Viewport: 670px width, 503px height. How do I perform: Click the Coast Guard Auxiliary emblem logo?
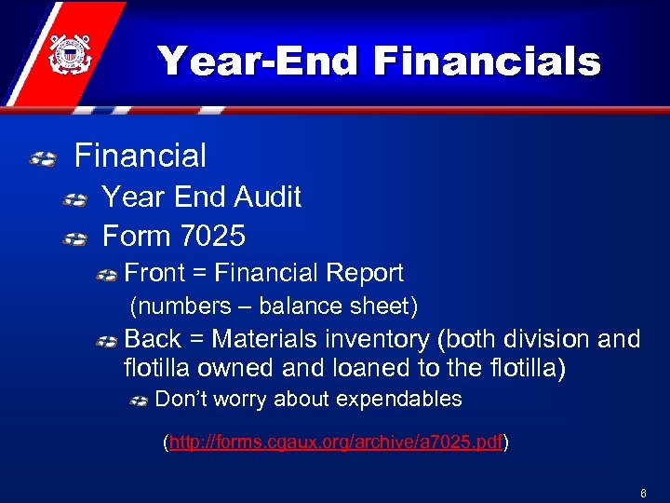click(66, 54)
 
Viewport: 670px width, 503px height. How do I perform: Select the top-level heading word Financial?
click(141, 156)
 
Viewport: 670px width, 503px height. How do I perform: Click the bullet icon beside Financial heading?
click(42, 159)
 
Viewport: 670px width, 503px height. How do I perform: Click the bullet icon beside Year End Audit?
click(74, 200)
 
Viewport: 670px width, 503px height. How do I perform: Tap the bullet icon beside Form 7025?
click(74, 240)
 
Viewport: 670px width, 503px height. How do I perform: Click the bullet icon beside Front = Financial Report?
click(108, 276)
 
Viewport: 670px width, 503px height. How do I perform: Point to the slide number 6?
click(643, 491)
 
